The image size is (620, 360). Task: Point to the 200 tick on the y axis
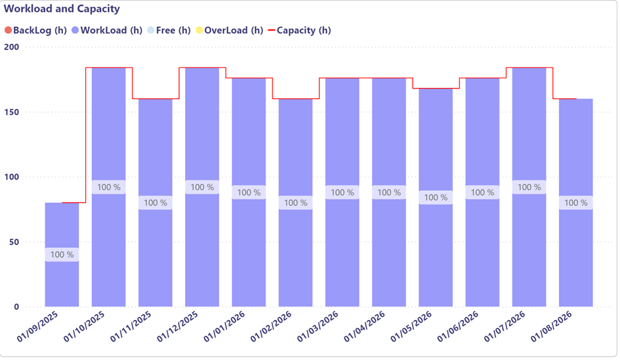click(x=11, y=47)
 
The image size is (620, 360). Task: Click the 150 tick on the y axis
click(x=11, y=112)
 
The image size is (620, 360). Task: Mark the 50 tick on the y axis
click(x=14, y=242)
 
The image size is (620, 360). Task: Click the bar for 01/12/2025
click(x=202, y=249)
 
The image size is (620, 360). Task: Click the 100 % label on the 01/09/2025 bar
click(x=62, y=254)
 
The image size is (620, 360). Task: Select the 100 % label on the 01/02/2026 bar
click(x=295, y=203)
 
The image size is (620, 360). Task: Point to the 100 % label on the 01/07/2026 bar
click(x=529, y=188)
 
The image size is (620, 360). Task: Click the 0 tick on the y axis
click(x=16, y=307)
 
